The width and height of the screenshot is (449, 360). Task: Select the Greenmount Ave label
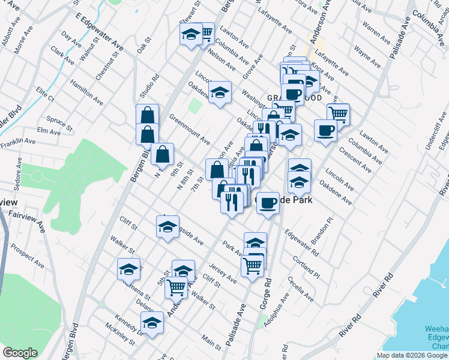tap(190, 130)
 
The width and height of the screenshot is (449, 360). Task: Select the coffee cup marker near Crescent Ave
tap(326, 130)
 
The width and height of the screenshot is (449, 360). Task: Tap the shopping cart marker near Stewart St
tap(205, 33)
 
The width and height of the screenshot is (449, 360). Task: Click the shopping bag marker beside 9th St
tap(162, 154)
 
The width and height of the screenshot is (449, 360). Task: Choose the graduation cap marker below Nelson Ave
tap(220, 92)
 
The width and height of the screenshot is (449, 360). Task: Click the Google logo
tap(20, 353)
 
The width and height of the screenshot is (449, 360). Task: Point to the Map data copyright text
tap(412, 355)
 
